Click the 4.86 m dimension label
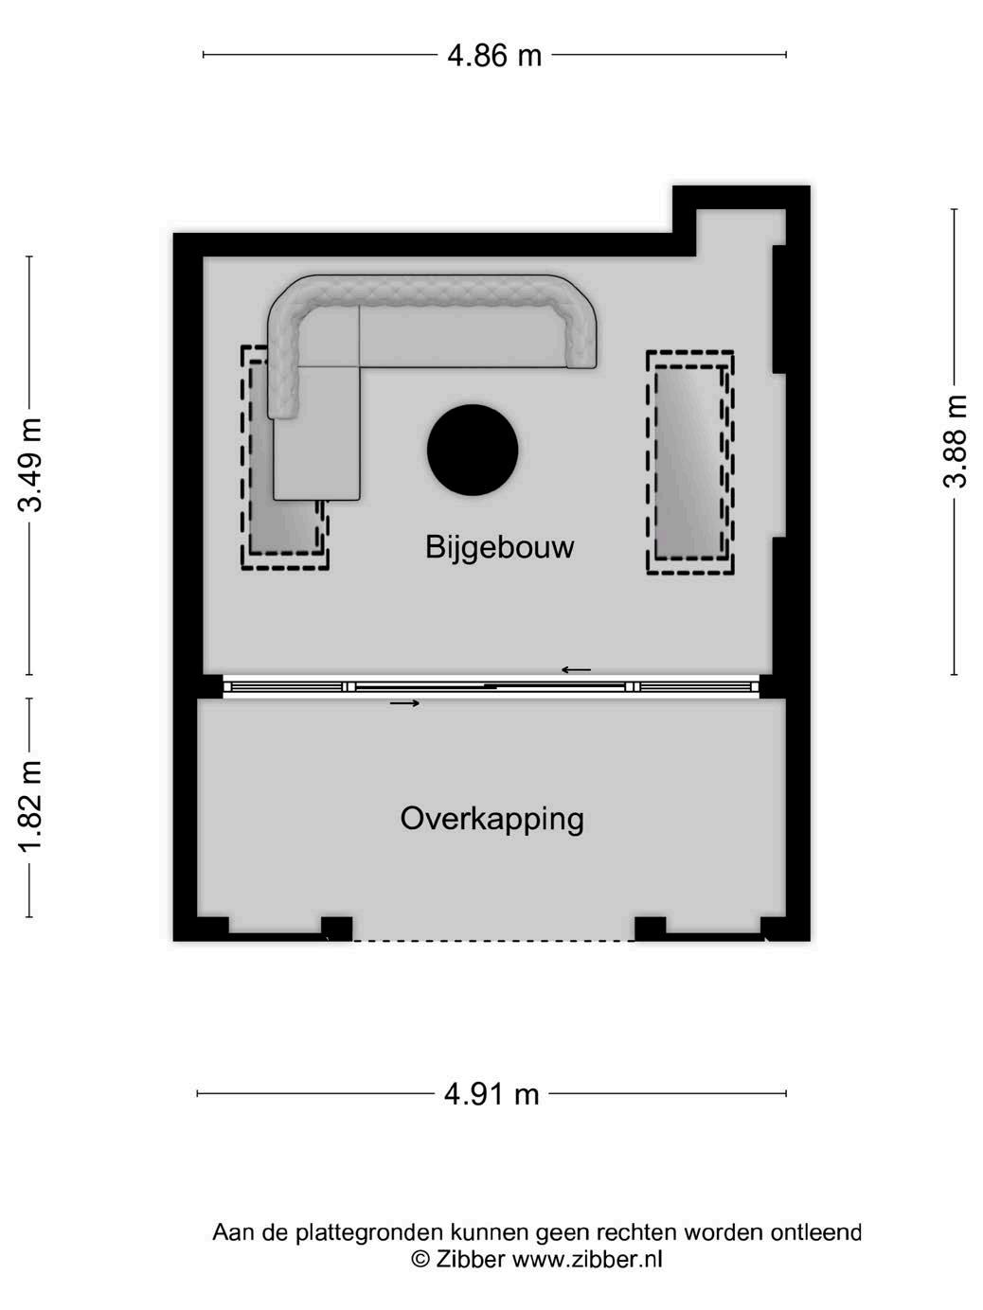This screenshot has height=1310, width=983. pos(493,56)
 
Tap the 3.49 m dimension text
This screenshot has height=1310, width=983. pos(31,464)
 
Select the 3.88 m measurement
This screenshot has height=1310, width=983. pos(956,441)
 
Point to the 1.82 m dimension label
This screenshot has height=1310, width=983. pos(31,805)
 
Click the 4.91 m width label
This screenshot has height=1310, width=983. pos(491,1094)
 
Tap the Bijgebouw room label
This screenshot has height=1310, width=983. pos(499,547)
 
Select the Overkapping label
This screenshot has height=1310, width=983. pos(491,818)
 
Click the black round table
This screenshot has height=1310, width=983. pos(473,450)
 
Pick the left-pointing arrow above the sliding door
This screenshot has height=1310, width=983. pos(576,670)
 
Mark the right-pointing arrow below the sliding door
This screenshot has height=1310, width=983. pos(404,703)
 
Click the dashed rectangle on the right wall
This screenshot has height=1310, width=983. pos(690,462)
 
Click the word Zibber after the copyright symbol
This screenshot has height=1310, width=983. pos(470,1259)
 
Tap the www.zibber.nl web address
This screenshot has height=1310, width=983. pos(587,1259)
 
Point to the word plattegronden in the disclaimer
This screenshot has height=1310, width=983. pos(368,1232)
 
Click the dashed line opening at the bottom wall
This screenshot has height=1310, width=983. pos(492,940)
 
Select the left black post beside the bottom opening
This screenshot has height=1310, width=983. pos(336,928)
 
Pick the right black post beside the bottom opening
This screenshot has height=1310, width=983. pos(649,928)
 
